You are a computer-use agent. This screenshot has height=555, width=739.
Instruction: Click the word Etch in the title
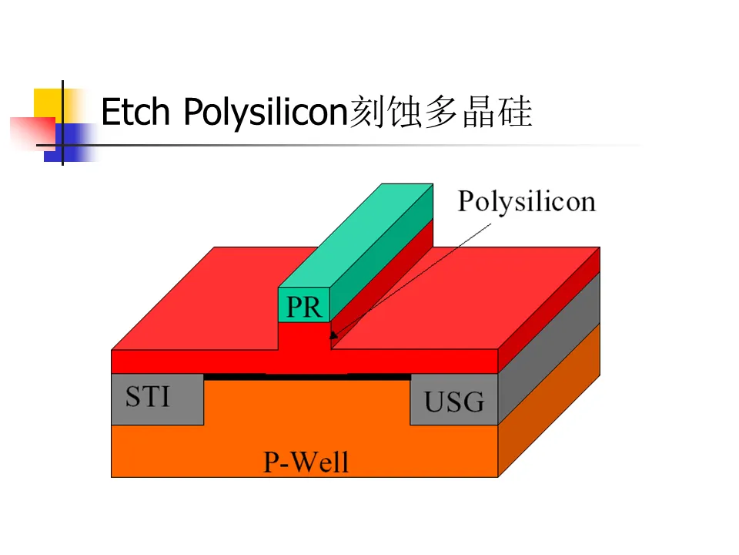click(135, 113)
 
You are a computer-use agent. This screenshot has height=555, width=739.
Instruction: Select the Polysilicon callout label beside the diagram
click(527, 201)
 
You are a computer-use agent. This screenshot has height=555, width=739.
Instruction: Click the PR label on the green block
click(303, 307)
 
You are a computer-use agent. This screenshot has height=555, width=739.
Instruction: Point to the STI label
click(148, 397)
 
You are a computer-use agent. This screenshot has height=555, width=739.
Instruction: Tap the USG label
click(454, 401)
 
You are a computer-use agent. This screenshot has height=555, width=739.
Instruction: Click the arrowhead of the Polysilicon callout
click(333, 335)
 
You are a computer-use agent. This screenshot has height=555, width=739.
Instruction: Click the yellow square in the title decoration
click(47, 103)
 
